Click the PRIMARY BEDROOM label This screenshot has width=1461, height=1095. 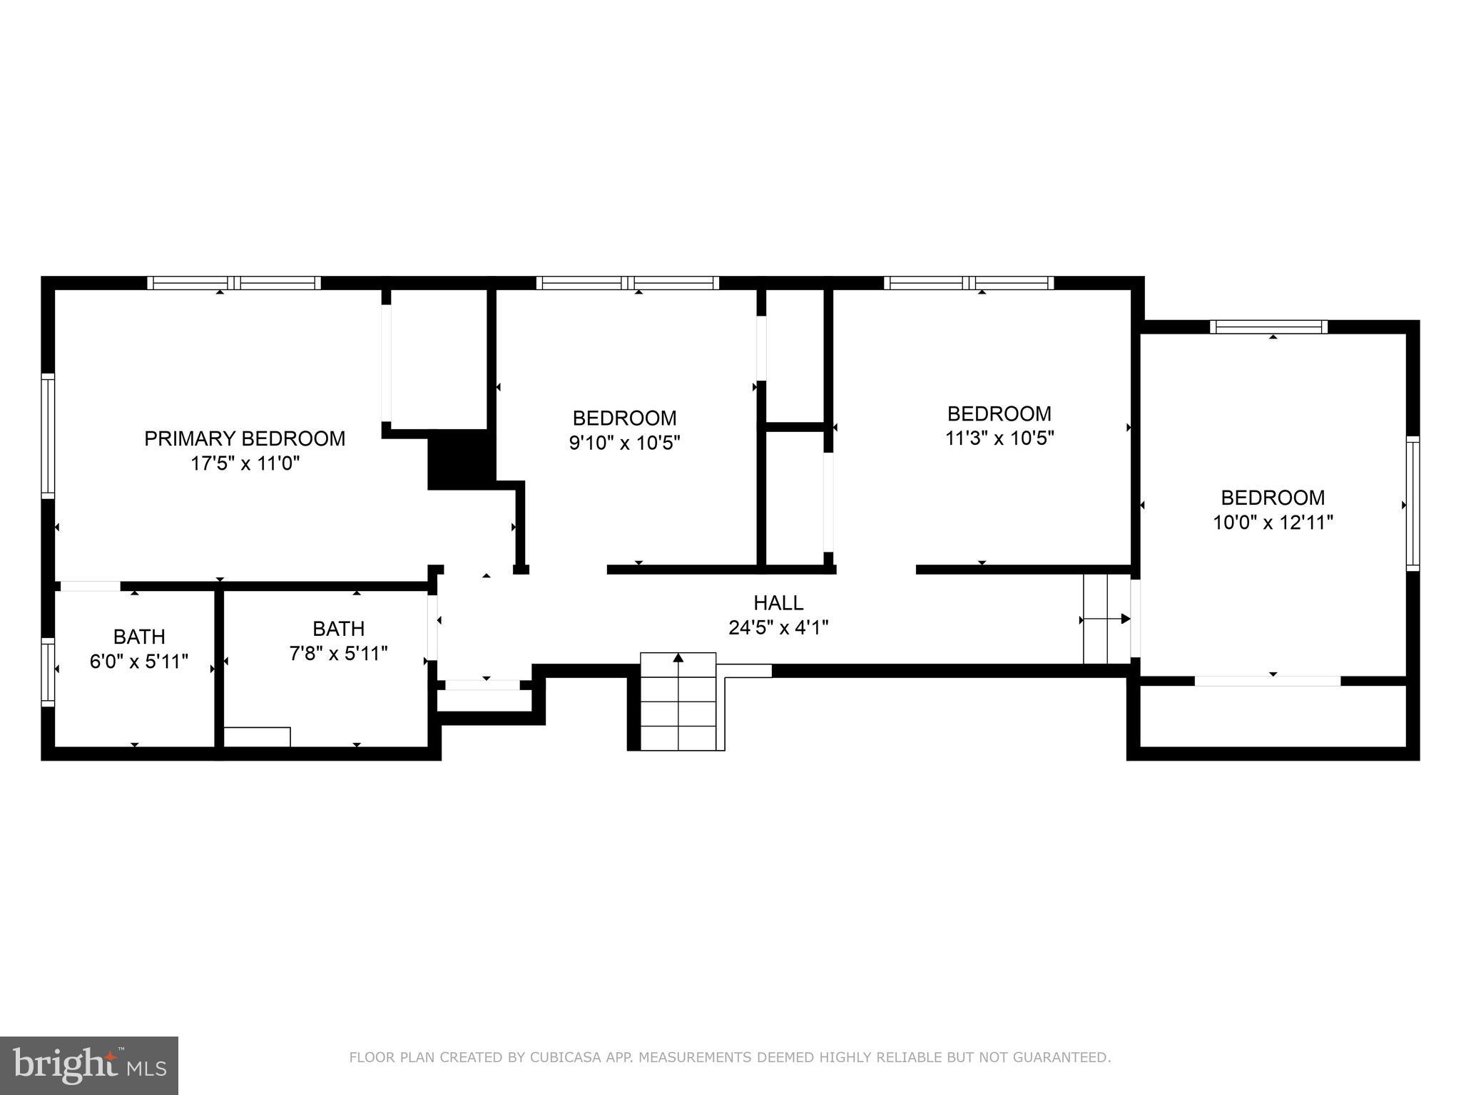pyautogui.click(x=245, y=438)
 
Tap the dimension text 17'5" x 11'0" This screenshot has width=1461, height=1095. pyautogui.click(x=245, y=464)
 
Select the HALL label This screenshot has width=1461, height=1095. pyautogui.click(x=778, y=603)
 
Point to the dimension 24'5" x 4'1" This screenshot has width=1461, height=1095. pyautogui.click(x=778, y=628)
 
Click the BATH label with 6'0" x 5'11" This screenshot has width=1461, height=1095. pyautogui.click(x=139, y=637)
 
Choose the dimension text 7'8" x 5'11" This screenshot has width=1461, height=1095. pyautogui.click(x=338, y=654)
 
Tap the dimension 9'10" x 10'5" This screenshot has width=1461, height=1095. pyautogui.click(x=624, y=443)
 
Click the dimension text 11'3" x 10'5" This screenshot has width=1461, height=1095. pyautogui.click(x=999, y=438)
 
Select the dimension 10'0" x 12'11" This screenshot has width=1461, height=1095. pyautogui.click(x=1273, y=523)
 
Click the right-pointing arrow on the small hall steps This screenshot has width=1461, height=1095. pyautogui.click(x=1125, y=619)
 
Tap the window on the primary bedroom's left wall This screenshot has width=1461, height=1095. pyautogui.click(x=48, y=436)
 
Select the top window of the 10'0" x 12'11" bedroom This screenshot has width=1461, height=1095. pyautogui.click(x=1268, y=327)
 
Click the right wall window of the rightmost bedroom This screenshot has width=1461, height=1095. pyautogui.click(x=1412, y=503)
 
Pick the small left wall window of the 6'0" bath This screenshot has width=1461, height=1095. pyautogui.click(x=48, y=672)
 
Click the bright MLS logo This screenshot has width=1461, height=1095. pyautogui.click(x=89, y=1065)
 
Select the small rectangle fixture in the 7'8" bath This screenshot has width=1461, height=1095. pyautogui.click(x=257, y=737)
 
